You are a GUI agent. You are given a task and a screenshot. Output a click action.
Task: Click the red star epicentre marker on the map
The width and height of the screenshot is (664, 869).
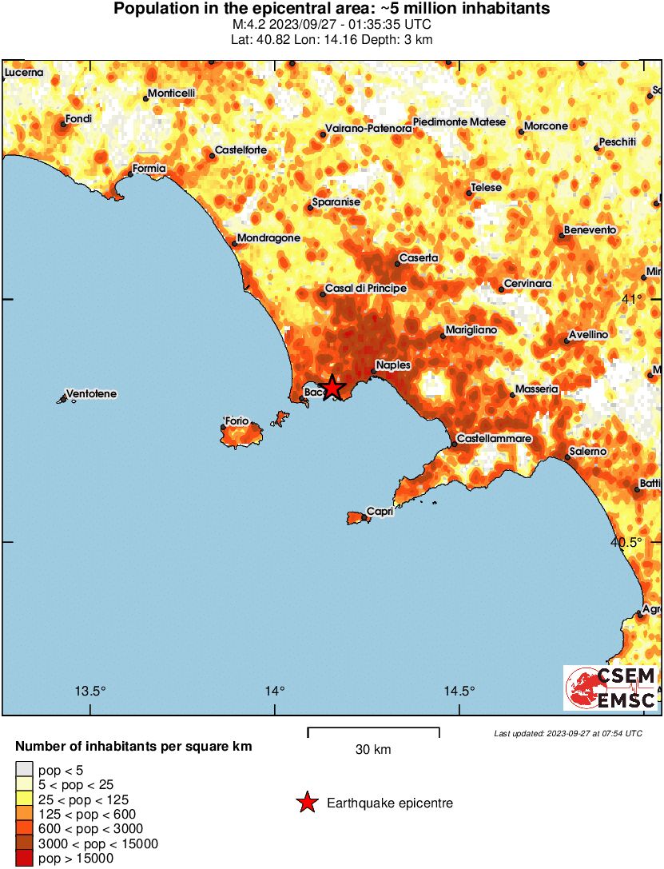pyautogui.click(x=332, y=388)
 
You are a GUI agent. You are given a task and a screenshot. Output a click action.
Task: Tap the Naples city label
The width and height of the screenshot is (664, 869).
pyautogui.click(x=393, y=365)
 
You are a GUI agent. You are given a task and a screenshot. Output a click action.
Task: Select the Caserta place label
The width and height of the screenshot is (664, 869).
pyautogui.click(x=419, y=258)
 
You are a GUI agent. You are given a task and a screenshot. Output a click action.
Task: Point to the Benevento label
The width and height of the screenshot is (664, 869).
pyautogui.click(x=590, y=230)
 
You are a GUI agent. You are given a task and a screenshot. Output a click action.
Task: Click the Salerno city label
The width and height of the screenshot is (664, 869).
pyautogui.click(x=587, y=452)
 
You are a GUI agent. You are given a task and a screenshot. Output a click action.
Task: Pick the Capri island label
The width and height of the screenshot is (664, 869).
pyautogui.click(x=379, y=512)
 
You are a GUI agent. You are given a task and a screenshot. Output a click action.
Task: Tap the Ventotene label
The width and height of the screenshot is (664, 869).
pyautogui.click(x=91, y=394)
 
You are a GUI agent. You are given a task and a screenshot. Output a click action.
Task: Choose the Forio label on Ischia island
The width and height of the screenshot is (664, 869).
pyautogui.click(x=237, y=421)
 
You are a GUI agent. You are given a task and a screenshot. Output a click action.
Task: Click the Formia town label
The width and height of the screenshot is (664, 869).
pyautogui.click(x=149, y=169)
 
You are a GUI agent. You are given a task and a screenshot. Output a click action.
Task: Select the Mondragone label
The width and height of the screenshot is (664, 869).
pyautogui.click(x=269, y=238)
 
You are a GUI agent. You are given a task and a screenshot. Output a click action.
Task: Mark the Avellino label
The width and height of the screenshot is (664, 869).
pyautogui.click(x=588, y=334)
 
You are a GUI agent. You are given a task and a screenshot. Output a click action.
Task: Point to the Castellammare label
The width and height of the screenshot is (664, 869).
pyautogui.click(x=495, y=439)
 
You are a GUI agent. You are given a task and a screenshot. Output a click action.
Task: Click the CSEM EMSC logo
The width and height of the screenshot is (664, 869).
pyautogui.click(x=611, y=688)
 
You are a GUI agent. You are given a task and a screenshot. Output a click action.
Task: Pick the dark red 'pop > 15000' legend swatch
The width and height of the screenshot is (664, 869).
pyautogui.click(x=24, y=859)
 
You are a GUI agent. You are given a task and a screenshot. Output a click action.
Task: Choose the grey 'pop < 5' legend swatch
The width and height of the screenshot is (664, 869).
pyautogui.click(x=24, y=771)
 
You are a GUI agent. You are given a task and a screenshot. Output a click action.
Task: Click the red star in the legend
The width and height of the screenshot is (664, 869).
pyautogui.click(x=307, y=803)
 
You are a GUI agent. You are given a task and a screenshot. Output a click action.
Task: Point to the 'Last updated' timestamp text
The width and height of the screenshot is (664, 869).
pyautogui.click(x=567, y=733)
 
